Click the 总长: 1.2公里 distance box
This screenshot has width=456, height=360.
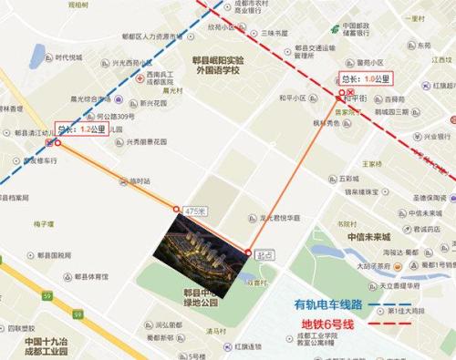(x=81, y=129)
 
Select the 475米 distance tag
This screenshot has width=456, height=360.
(x=192, y=211)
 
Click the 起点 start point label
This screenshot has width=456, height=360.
(x=264, y=254)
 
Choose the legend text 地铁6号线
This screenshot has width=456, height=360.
(x=336, y=324)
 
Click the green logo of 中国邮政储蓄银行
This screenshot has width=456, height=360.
(x=333, y=28)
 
